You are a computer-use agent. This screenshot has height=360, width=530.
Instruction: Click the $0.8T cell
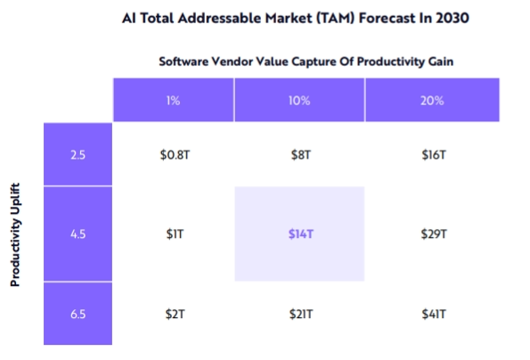(175, 155)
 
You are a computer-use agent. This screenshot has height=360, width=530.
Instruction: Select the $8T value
(300, 155)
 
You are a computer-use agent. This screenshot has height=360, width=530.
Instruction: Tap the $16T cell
(434, 155)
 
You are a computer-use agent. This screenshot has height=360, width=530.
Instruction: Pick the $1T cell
(175, 234)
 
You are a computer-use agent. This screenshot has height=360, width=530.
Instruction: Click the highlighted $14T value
(301, 234)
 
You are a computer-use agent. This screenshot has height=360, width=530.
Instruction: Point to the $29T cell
(434, 234)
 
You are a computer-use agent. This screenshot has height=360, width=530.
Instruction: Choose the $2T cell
(175, 314)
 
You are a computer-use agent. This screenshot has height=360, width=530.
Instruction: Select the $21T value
(301, 314)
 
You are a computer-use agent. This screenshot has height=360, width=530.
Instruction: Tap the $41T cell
(434, 314)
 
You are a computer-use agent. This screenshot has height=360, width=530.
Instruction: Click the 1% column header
(173, 100)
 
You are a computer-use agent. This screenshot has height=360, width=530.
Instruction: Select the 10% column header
(299, 100)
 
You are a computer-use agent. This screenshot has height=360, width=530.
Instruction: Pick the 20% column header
(432, 100)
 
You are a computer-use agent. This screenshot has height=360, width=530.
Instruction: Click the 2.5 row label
(77, 154)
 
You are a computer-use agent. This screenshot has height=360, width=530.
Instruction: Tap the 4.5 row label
(77, 233)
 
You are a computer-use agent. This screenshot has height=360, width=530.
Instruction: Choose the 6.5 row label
(77, 314)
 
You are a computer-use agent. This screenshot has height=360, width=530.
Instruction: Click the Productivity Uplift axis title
(15, 234)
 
